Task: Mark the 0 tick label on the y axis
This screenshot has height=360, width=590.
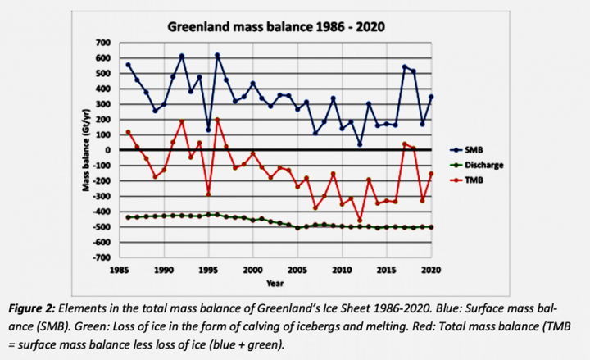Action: tap(107, 150)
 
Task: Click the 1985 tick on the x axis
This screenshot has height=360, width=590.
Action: tap(120, 268)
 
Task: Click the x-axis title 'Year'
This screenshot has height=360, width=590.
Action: tap(275, 282)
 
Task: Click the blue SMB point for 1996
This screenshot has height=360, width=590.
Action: tap(217, 55)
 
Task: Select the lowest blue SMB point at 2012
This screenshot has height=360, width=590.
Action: tap(359, 144)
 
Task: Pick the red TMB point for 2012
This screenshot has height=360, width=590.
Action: tap(359, 221)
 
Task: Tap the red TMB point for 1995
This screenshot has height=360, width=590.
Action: tap(208, 194)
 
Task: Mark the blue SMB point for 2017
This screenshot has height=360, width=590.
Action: tap(403, 67)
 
